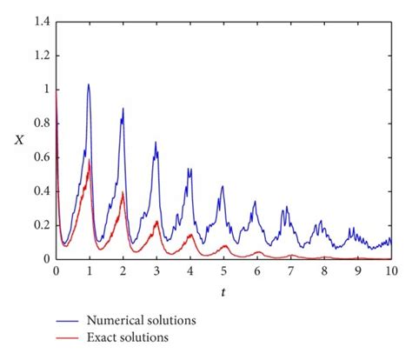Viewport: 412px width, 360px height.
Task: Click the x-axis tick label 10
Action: click(391, 271)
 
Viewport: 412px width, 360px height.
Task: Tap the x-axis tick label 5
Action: click(223, 271)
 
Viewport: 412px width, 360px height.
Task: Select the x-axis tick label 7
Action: click(290, 271)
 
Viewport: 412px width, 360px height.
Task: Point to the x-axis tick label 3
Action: click(156, 271)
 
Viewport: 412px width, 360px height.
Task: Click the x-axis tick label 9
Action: click(357, 271)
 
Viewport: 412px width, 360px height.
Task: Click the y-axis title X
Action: click(19, 139)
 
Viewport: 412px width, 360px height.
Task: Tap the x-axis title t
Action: click(223, 293)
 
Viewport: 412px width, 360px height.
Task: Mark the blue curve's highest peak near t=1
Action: click(89, 84)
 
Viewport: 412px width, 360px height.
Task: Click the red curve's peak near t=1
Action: click(90, 160)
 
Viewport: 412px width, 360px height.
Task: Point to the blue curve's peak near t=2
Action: click(123, 109)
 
